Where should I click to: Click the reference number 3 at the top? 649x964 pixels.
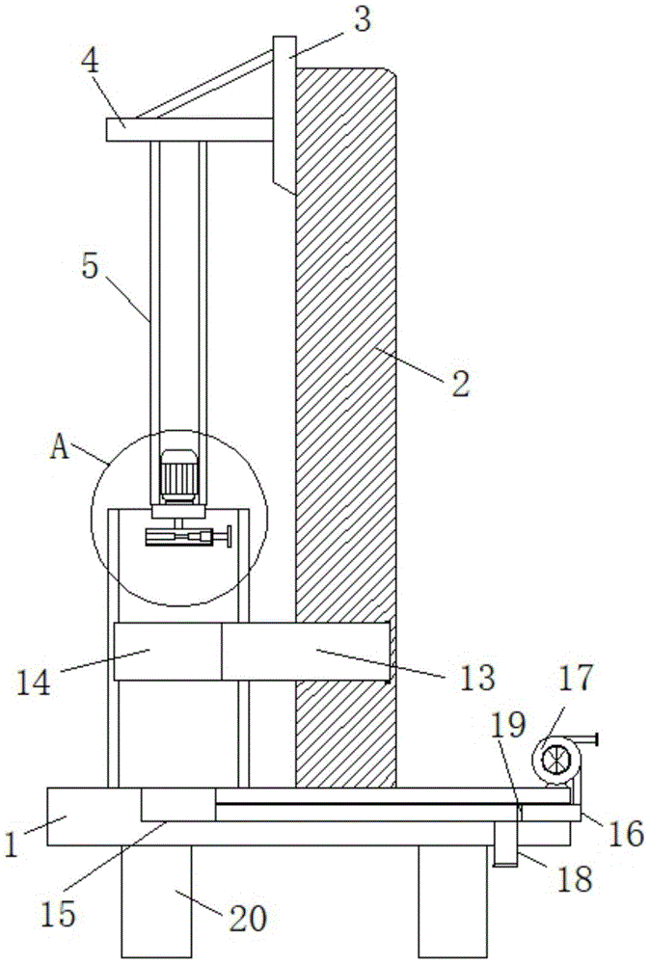coord(363,20)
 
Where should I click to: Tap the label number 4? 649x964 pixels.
coord(91,62)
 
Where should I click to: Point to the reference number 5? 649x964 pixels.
coord(91,267)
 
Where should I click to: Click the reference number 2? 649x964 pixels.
coord(461,383)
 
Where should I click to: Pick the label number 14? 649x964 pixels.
coord(33,683)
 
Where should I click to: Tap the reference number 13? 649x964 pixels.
coord(477,677)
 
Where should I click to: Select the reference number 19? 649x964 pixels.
coord(507,726)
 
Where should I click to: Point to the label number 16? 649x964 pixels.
coord(627,835)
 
